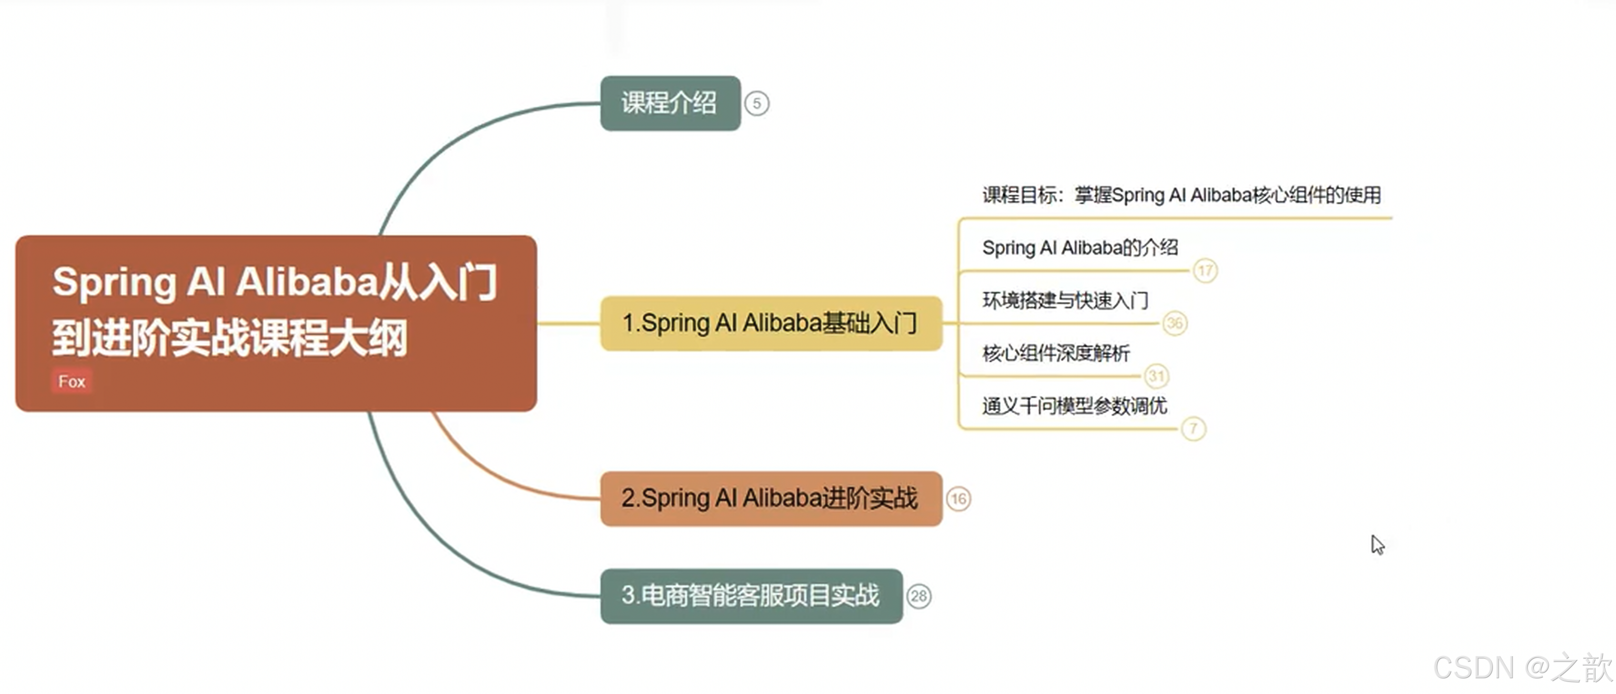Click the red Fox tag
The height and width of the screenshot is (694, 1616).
click(x=72, y=381)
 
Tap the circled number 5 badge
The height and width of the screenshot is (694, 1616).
click(x=756, y=104)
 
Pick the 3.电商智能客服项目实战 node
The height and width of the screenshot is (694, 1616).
click(x=751, y=596)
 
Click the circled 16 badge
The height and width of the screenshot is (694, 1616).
click(x=958, y=499)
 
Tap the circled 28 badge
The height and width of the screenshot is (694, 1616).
click(x=919, y=596)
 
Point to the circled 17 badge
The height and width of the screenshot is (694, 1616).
click(x=1205, y=271)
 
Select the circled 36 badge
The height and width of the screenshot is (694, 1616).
click(x=1174, y=323)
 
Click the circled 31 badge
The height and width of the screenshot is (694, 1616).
click(x=1156, y=376)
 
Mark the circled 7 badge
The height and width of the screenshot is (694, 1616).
click(x=1193, y=429)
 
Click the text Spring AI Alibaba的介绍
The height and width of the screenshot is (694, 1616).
click(x=1079, y=248)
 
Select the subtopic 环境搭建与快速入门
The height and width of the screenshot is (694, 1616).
click(x=1065, y=301)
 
